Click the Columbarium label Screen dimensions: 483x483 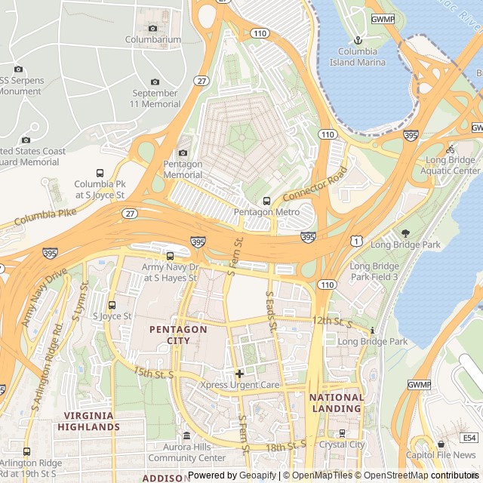click(x=153, y=39)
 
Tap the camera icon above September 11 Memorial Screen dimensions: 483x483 click(x=155, y=82)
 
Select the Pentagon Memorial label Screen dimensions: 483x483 click(x=183, y=169)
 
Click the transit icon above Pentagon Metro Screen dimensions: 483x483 click(x=266, y=201)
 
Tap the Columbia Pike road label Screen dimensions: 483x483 click(x=45, y=220)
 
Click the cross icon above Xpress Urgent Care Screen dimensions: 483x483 click(x=239, y=374)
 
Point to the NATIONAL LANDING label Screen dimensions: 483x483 click(x=337, y=403)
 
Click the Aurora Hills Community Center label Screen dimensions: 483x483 click(x=186, y=453)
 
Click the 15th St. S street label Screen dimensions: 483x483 click(x=153, y=373)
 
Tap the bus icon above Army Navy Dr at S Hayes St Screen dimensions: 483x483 click(x=170, y=257)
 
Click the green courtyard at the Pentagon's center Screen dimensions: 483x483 click(x=242, y=137)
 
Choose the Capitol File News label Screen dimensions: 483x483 click(x=441, y=455)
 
